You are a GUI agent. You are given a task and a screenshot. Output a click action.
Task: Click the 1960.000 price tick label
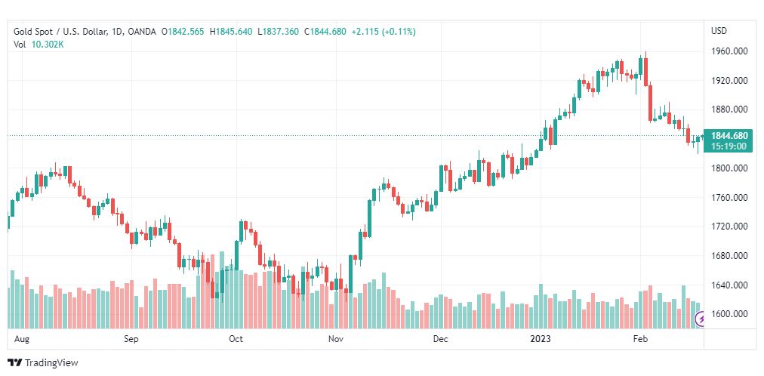tap(729, 51)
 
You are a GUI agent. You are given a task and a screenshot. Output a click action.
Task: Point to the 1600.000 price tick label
tap(729, 314)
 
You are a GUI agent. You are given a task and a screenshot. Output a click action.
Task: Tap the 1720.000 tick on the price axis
tap(729, 227)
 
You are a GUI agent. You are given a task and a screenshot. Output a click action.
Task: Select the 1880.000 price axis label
tap(729, 109)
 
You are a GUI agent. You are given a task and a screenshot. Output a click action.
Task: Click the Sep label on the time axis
tap(131, 339)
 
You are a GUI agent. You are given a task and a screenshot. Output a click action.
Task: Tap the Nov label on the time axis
tap(336, 339)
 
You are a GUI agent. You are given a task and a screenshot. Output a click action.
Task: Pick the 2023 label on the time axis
tap(541, 339)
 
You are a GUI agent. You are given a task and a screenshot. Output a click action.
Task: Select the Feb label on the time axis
tap(641, 339)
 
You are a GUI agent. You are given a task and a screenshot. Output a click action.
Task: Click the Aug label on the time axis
tap(22, 339)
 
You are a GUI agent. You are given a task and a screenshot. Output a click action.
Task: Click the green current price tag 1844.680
tap(729, 136)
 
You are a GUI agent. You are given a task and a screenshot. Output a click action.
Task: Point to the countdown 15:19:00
tap(729, 146)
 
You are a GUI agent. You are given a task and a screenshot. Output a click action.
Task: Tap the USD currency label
tap(719, 31)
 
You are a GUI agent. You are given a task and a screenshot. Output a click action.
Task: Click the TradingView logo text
tap(51, 363)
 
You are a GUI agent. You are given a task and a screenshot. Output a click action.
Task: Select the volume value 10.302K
tap(48, 45)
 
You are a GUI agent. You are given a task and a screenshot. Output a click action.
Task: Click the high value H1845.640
tap(232, 32)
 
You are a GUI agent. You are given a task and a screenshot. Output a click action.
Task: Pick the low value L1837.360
tap(279, 32)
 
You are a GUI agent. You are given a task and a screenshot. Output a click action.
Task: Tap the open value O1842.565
tap(183, 32)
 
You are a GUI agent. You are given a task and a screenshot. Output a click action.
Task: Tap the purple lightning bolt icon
tap(702, 319)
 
